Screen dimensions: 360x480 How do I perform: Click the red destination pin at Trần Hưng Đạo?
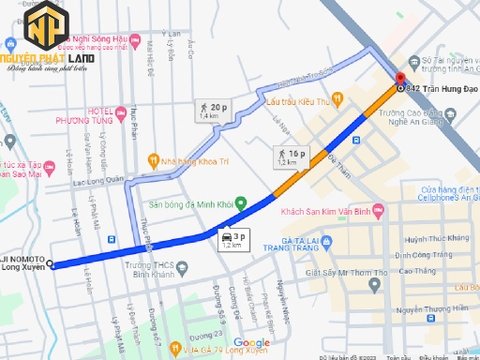pyautogui.click(x=399, y=77)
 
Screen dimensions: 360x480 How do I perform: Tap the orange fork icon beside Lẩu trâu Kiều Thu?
pyautogui.click(x=256, y=101)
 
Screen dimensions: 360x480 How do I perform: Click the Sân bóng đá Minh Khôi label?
pyautogui.click(x=191, y=203)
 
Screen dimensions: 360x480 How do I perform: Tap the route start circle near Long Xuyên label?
pyautogui.click(x=51, y=265)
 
